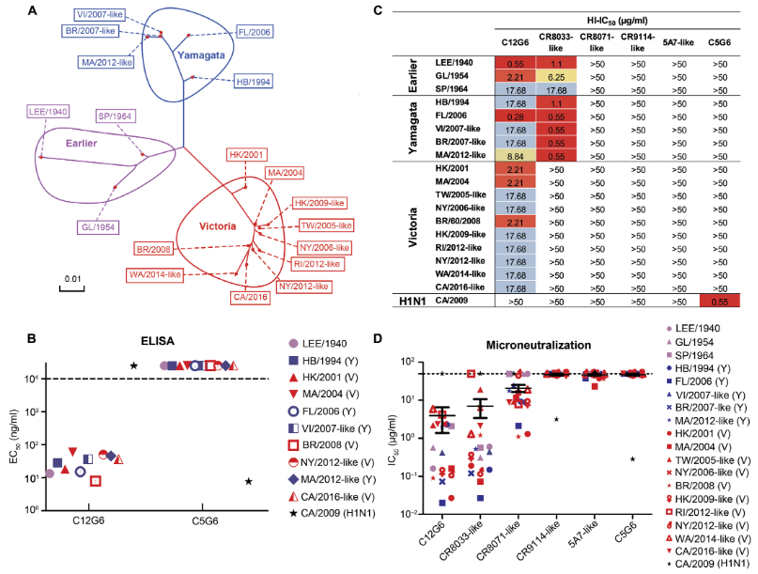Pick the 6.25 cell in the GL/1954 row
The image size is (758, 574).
click(x=555, y=78)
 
